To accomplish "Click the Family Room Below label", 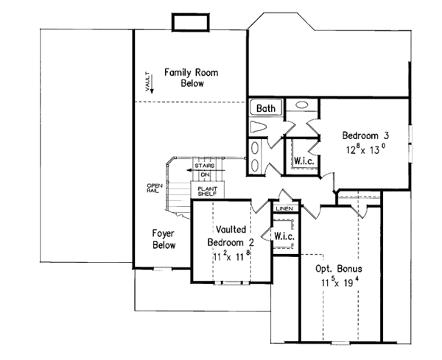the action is [192, 78].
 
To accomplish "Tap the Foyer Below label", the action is [164, 239].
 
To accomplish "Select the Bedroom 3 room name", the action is [365, 135].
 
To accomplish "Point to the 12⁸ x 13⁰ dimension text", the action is [365, 149].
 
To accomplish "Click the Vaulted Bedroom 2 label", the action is [231, 236].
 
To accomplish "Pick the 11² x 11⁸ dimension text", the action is [231, 256].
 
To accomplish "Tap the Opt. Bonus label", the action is [339, 269].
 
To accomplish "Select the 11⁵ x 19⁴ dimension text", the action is [340, 282].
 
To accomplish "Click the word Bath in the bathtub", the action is [266, 108].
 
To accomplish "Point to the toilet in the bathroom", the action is [258, 127].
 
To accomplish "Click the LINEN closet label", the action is [284, 209].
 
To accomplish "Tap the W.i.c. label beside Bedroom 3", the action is [304, 160].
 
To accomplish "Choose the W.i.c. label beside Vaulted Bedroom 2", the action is [284, 236].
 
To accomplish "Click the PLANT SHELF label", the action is [207, 191].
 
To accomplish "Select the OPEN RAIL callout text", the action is [155, 188].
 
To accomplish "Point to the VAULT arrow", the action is [152, 84].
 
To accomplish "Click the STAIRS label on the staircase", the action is [205, 166].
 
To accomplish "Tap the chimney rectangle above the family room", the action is [191, 22].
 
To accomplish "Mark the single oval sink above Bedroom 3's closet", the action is [301, 105].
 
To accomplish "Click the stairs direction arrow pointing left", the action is [206, 170].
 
